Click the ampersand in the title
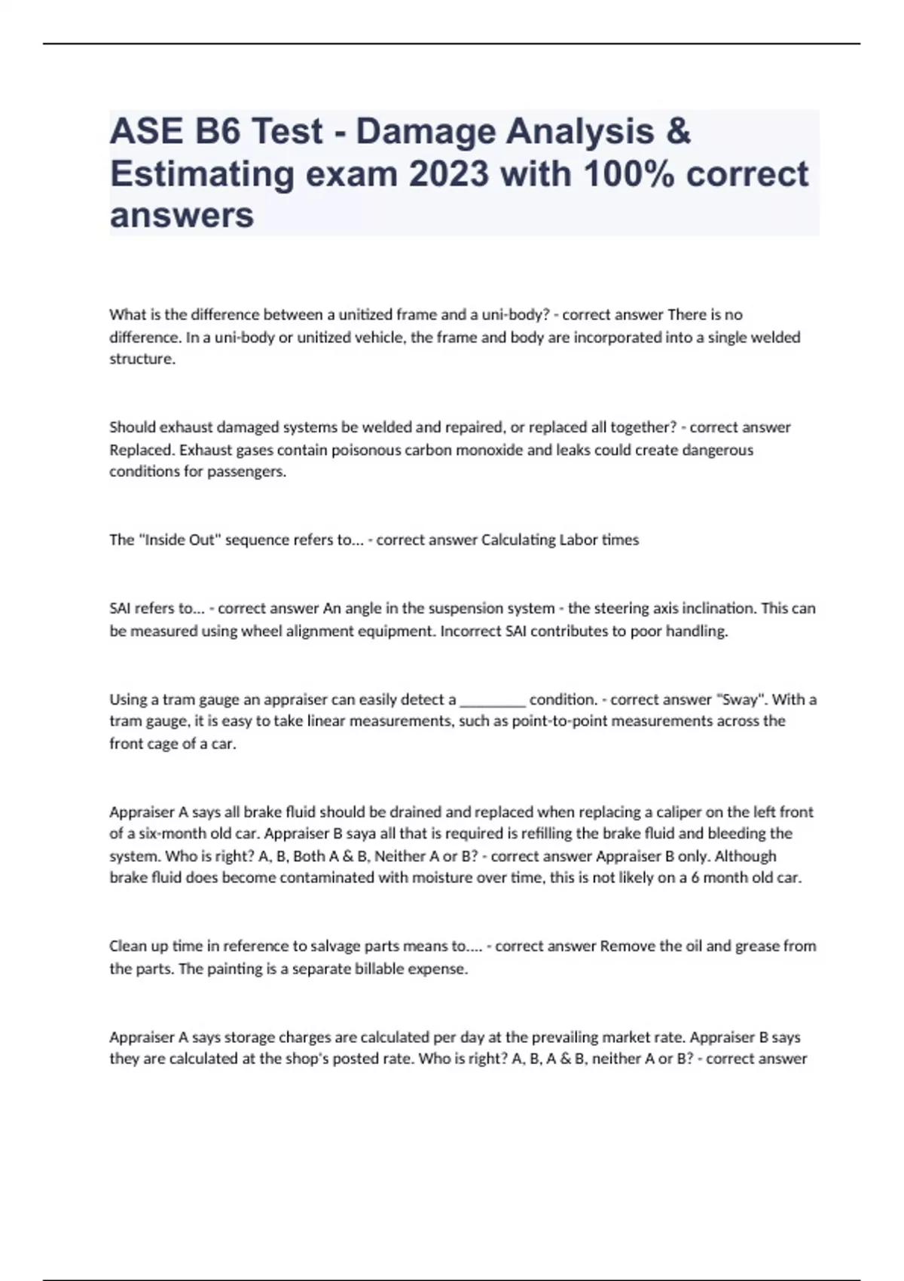tap(678, 131)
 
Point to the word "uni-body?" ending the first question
tap(518, 314)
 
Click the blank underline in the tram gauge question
tap(492, 700)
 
